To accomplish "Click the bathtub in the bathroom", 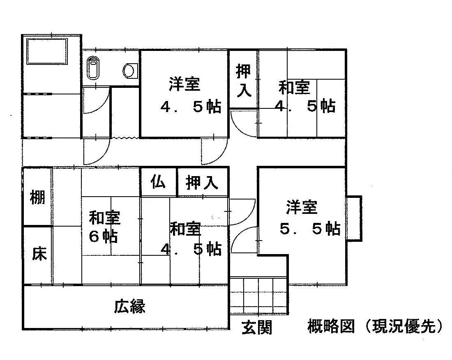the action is [47, 51].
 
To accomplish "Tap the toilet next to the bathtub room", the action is [93, 67].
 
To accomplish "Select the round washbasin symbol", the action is [129, 71].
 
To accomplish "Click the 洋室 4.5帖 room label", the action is [190, 95].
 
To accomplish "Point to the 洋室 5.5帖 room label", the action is [310, 218].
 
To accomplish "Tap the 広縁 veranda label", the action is [129, 306].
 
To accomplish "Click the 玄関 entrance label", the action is [257, 327].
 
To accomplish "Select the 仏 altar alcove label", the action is [158, 182].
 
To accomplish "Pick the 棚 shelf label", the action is [38, 197].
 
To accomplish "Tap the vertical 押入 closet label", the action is [243, 80].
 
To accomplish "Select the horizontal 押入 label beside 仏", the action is [201, 183].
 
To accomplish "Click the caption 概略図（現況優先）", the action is [375, 326].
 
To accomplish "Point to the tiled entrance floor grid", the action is [259, 296].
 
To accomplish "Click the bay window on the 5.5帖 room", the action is [354, 218].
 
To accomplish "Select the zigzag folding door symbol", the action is [125, 138].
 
